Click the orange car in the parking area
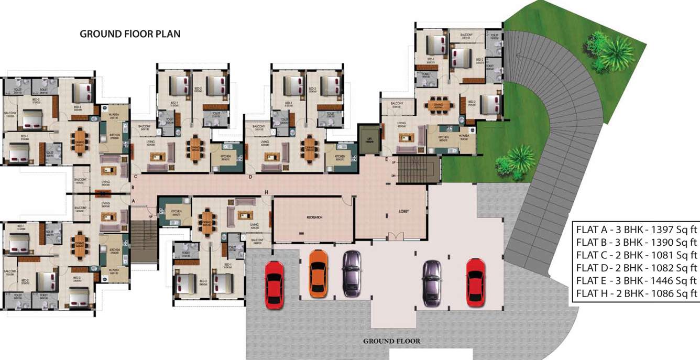point(318,274)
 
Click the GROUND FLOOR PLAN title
point(130,34)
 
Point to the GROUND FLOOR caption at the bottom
point(391,341)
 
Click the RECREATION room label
point(314,216)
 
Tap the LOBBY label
point(403,211)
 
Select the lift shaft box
point(368,137)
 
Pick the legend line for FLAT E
point(636,280)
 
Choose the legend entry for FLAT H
point(636,293)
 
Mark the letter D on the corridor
point(250,177)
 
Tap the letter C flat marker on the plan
point(135,177)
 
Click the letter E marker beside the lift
point(386,159)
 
